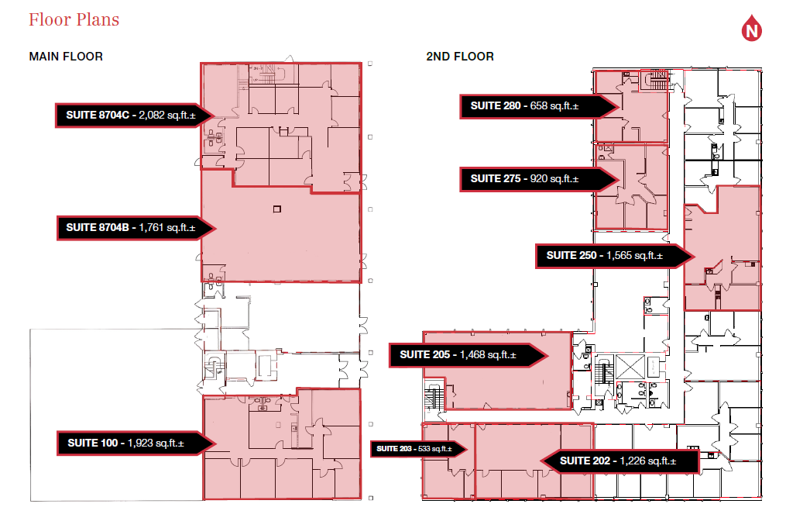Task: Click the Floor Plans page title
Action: pos(74,19)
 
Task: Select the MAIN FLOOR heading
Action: pos(66,57)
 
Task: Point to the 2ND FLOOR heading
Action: pos(459,57)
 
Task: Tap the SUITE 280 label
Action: pos(496,106)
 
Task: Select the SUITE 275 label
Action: pos(496,179)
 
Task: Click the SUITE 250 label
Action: pos(571,256)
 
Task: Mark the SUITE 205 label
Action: pos(425,355)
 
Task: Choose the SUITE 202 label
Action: pos(585,461)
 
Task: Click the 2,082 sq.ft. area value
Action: pos(166,115)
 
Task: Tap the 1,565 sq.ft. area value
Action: pos(634,256)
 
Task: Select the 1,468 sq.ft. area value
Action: pos(488,355)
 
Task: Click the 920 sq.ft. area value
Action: pos(554,179)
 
